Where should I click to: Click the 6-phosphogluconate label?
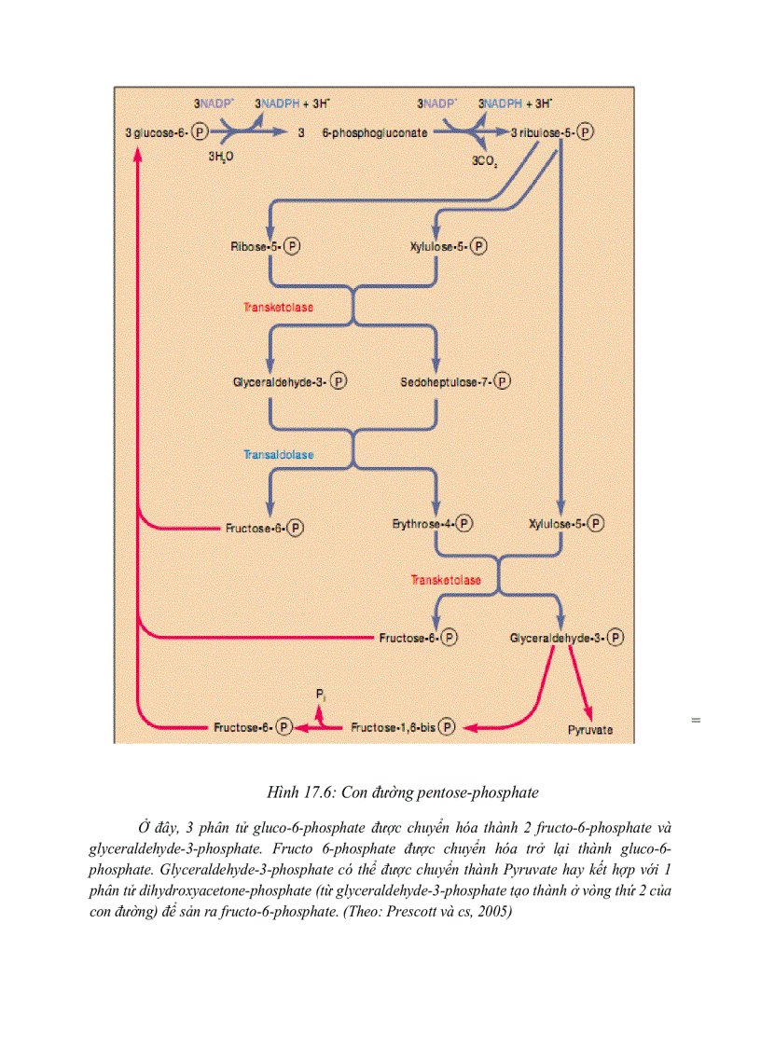pyautogui.click(x=375, y=133)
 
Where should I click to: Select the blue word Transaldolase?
pyautogui.click(x=279, y=455)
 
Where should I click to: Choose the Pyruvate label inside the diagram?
pyautogui.click(x=590, y=730)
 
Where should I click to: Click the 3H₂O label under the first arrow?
pyautogui.click(x=220, y=158)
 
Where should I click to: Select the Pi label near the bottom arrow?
pyautogui.click(x=320, y=696)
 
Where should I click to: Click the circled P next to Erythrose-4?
pyautogui.click(x=464, y=525)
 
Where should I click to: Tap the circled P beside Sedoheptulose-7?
pyautogui.click(x=504, y=382)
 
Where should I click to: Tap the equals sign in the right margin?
pyautogui.click(x=696, y=720)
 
